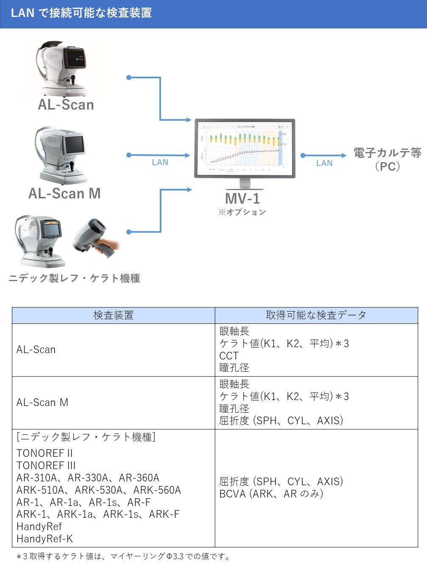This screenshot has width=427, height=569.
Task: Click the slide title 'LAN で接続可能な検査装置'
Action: click(x=81, y=13)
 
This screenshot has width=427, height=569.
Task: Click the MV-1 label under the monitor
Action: click(x=242, y=198)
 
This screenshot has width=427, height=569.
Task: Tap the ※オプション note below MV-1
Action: click(x=242, y=212)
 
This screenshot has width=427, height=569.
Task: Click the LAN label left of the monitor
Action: click(x=160, y=163)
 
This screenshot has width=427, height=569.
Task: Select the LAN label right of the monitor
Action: click(x=324, y=163)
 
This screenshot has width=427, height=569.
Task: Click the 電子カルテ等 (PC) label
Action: click(x=388, y=159)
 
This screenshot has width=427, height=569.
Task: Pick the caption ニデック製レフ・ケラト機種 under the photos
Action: click(x=75, y=278)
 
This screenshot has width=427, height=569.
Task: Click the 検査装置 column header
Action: click(x=113, y=315)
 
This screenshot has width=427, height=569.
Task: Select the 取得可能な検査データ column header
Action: click(x=316, y=315)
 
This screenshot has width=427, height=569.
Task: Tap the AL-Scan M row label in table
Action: click(x=42, y=403)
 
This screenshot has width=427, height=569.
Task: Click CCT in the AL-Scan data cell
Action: click(x=229, y=356)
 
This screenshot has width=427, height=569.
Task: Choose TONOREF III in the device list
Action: click(x=46, y=465)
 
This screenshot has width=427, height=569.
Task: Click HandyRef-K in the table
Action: click(x=44, y=539)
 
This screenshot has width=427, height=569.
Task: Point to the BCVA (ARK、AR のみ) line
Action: click(x=271, y=494)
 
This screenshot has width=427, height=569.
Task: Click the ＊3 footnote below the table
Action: click(x=123, y=556)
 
